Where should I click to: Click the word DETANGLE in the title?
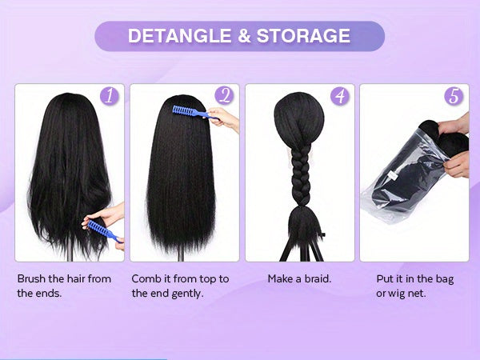[x=176, y=36]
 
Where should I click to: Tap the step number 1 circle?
[x=110, y=97]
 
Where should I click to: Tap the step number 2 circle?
[x=224, y=97]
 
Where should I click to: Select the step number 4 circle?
[x=340, y=97]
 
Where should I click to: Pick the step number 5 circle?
[x=454, y=97]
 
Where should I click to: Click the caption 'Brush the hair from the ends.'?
[x=64, y=286]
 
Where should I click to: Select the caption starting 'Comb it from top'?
[x=181, y=286]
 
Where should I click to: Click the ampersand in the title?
[x=239, y=36]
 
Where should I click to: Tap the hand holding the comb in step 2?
[x=226, y=120]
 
